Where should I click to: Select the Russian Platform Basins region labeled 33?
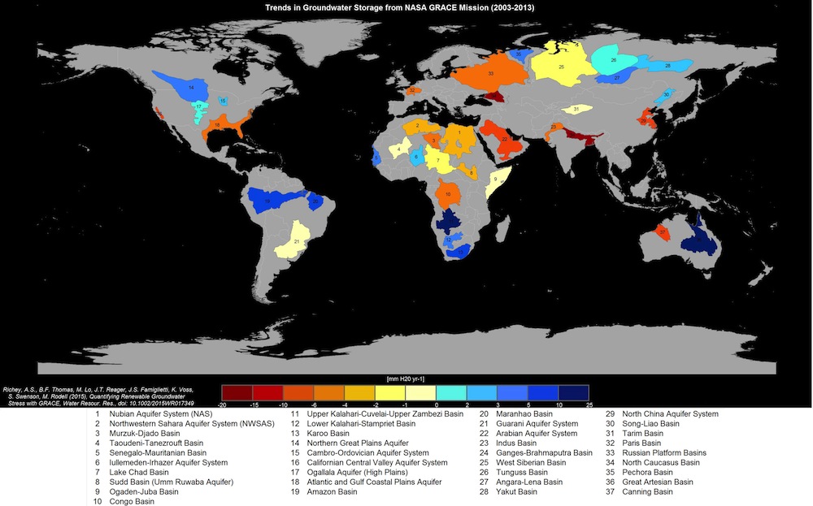tap(490, 73)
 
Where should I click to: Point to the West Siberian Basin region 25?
tap(561, 66)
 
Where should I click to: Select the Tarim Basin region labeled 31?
tap(576, 109)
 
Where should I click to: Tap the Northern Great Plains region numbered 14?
tap(191, 86)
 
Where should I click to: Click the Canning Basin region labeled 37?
tap(663, 232)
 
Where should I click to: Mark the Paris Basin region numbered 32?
tap(412, 90)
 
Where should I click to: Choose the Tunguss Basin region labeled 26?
tap(613, 60)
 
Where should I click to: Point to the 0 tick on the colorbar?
tap(437, 404)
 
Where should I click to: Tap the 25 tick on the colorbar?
tap(589, 404)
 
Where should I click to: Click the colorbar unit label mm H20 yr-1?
tap(405, 379)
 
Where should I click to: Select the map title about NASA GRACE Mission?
tap(406, 6)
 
